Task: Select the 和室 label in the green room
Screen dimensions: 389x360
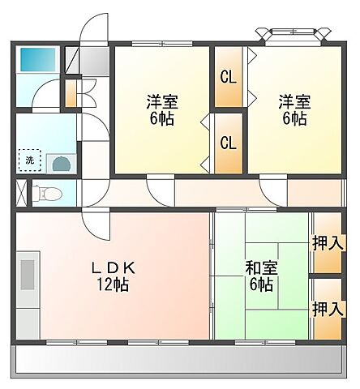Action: click(x=261, y=267)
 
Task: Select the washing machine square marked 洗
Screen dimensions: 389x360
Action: click(x=29, y=160)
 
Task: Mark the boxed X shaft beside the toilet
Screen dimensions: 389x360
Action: click(x=21, y=194)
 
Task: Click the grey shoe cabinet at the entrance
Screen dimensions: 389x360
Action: click(x=96, y=59)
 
